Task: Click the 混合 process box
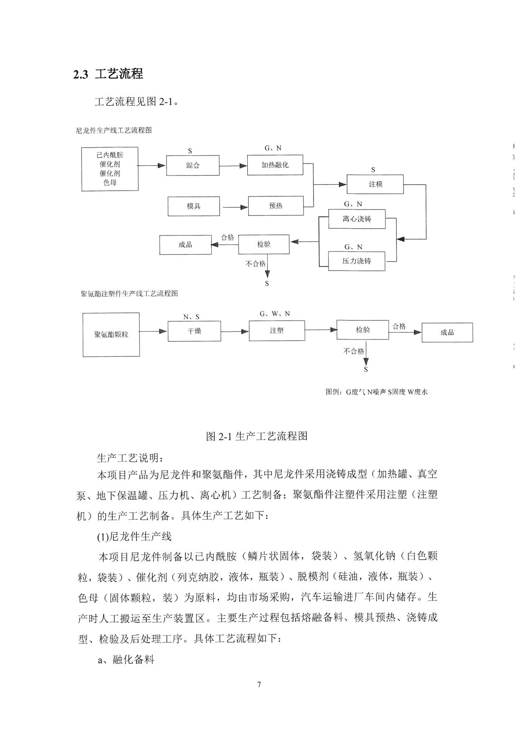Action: [x=193, y=165]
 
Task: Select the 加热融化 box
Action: [x=275, y=165]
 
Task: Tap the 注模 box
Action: [x=375, y=184]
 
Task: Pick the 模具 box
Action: [x=194, y=206]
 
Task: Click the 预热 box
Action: [x=276, y=206]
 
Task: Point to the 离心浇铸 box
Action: [x=357, y=219]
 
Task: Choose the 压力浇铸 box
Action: [x=357, y=261]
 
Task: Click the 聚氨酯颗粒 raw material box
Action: [x=111, y=334]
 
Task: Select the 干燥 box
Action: [x=194, y=331]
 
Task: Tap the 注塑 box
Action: [x=277, y=331]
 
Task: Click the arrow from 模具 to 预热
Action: [x=235, y=207]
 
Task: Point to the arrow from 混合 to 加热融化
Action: [x=234, y=166]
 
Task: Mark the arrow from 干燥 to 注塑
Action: [x=235, y=332]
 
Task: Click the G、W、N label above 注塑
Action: [x=275, y=314]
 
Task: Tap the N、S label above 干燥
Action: [x=191, y=317]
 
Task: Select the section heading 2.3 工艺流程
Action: [x=108, y=74]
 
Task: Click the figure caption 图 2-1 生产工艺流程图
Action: [x=257, y=436]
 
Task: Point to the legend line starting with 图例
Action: [x=377, y=392]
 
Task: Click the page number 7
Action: [x=259, y=685]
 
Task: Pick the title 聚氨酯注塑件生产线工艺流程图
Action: [x=129, y=293]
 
